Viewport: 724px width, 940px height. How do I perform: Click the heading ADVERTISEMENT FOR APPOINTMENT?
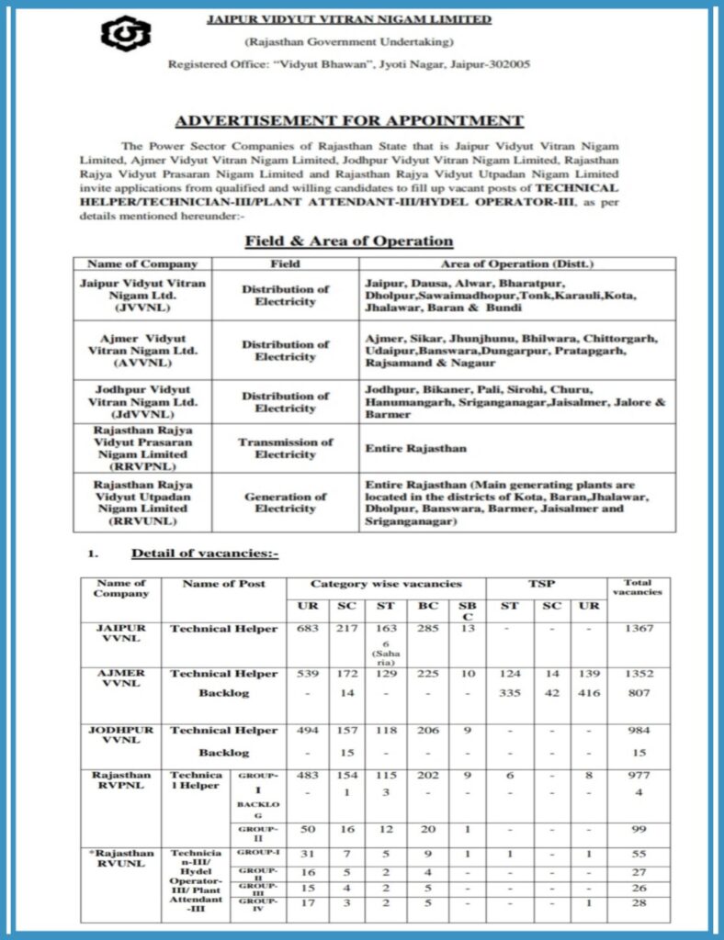[x=349, y=121]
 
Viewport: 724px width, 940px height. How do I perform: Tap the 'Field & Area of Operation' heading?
[x=348, y=241]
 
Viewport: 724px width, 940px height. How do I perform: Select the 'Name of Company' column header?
[x=142, y=264]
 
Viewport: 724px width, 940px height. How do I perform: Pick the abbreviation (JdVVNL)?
[x=142, y=415]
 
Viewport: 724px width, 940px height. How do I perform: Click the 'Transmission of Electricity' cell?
[x=285, y=448]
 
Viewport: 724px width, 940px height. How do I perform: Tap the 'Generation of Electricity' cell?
[x=285, y=502]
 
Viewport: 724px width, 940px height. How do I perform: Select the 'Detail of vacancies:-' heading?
[x=204, y=554]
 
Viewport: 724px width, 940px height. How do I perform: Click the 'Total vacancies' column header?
[x=638, y=587]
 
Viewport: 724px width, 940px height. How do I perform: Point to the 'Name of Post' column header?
[x=223, y=584]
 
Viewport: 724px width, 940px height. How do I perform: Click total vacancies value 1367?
[x=638, y=629]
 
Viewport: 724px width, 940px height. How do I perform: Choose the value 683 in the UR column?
[x=307, y=629]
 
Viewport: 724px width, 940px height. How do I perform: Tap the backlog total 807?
[x=638, y=693]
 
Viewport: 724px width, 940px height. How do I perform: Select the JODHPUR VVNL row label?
[x=120, y=737]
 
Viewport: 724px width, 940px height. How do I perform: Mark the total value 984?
[x=638, y=731]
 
